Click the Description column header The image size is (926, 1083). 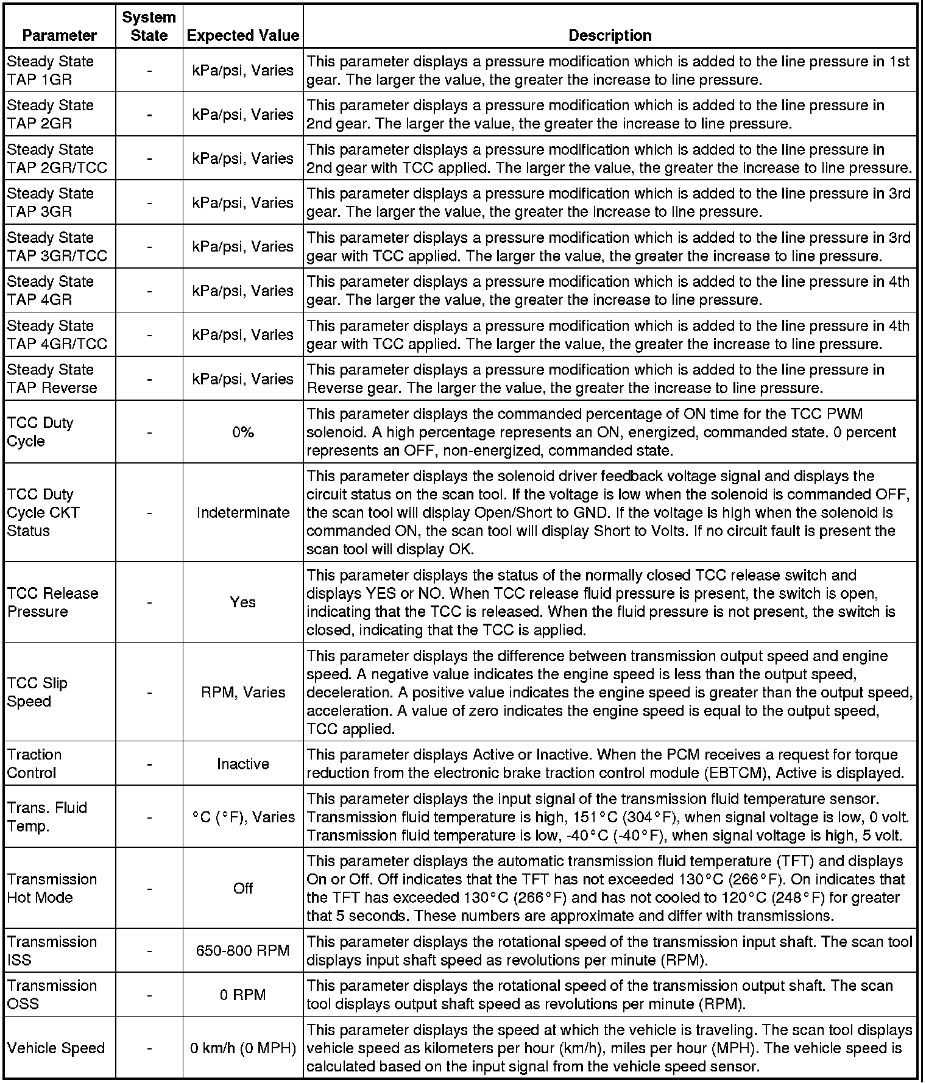[x=610, y=35]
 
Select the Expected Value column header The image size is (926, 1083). [x=242, y=35]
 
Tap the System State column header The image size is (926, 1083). [x=149, y=26]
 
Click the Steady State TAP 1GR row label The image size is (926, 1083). [x=51, y=71]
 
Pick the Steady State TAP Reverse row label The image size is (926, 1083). [x=52, y=379]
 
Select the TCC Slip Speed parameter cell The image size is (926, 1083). [x=37, y=692]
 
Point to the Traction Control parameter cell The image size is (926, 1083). [x=35, y=764]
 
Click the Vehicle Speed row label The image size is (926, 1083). [x=56, y=1048]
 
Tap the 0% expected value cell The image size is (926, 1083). [x=242, y=432]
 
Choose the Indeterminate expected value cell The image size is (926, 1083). [x=242, y=513]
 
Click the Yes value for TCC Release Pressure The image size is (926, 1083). [x=242, y=602]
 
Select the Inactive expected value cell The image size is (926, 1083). [x=242, y=764]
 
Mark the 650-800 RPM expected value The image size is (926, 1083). [x=242, y=951]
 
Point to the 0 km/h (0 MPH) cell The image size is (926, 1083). [x=242, y=1048]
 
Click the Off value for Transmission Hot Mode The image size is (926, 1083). [x=242, y=889]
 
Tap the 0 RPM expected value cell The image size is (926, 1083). [x=242, y=995]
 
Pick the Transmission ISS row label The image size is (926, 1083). [x=52, y=951]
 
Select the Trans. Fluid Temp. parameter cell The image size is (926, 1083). [x=48, y=817]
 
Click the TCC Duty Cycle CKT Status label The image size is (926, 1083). [x=43, y=513]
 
